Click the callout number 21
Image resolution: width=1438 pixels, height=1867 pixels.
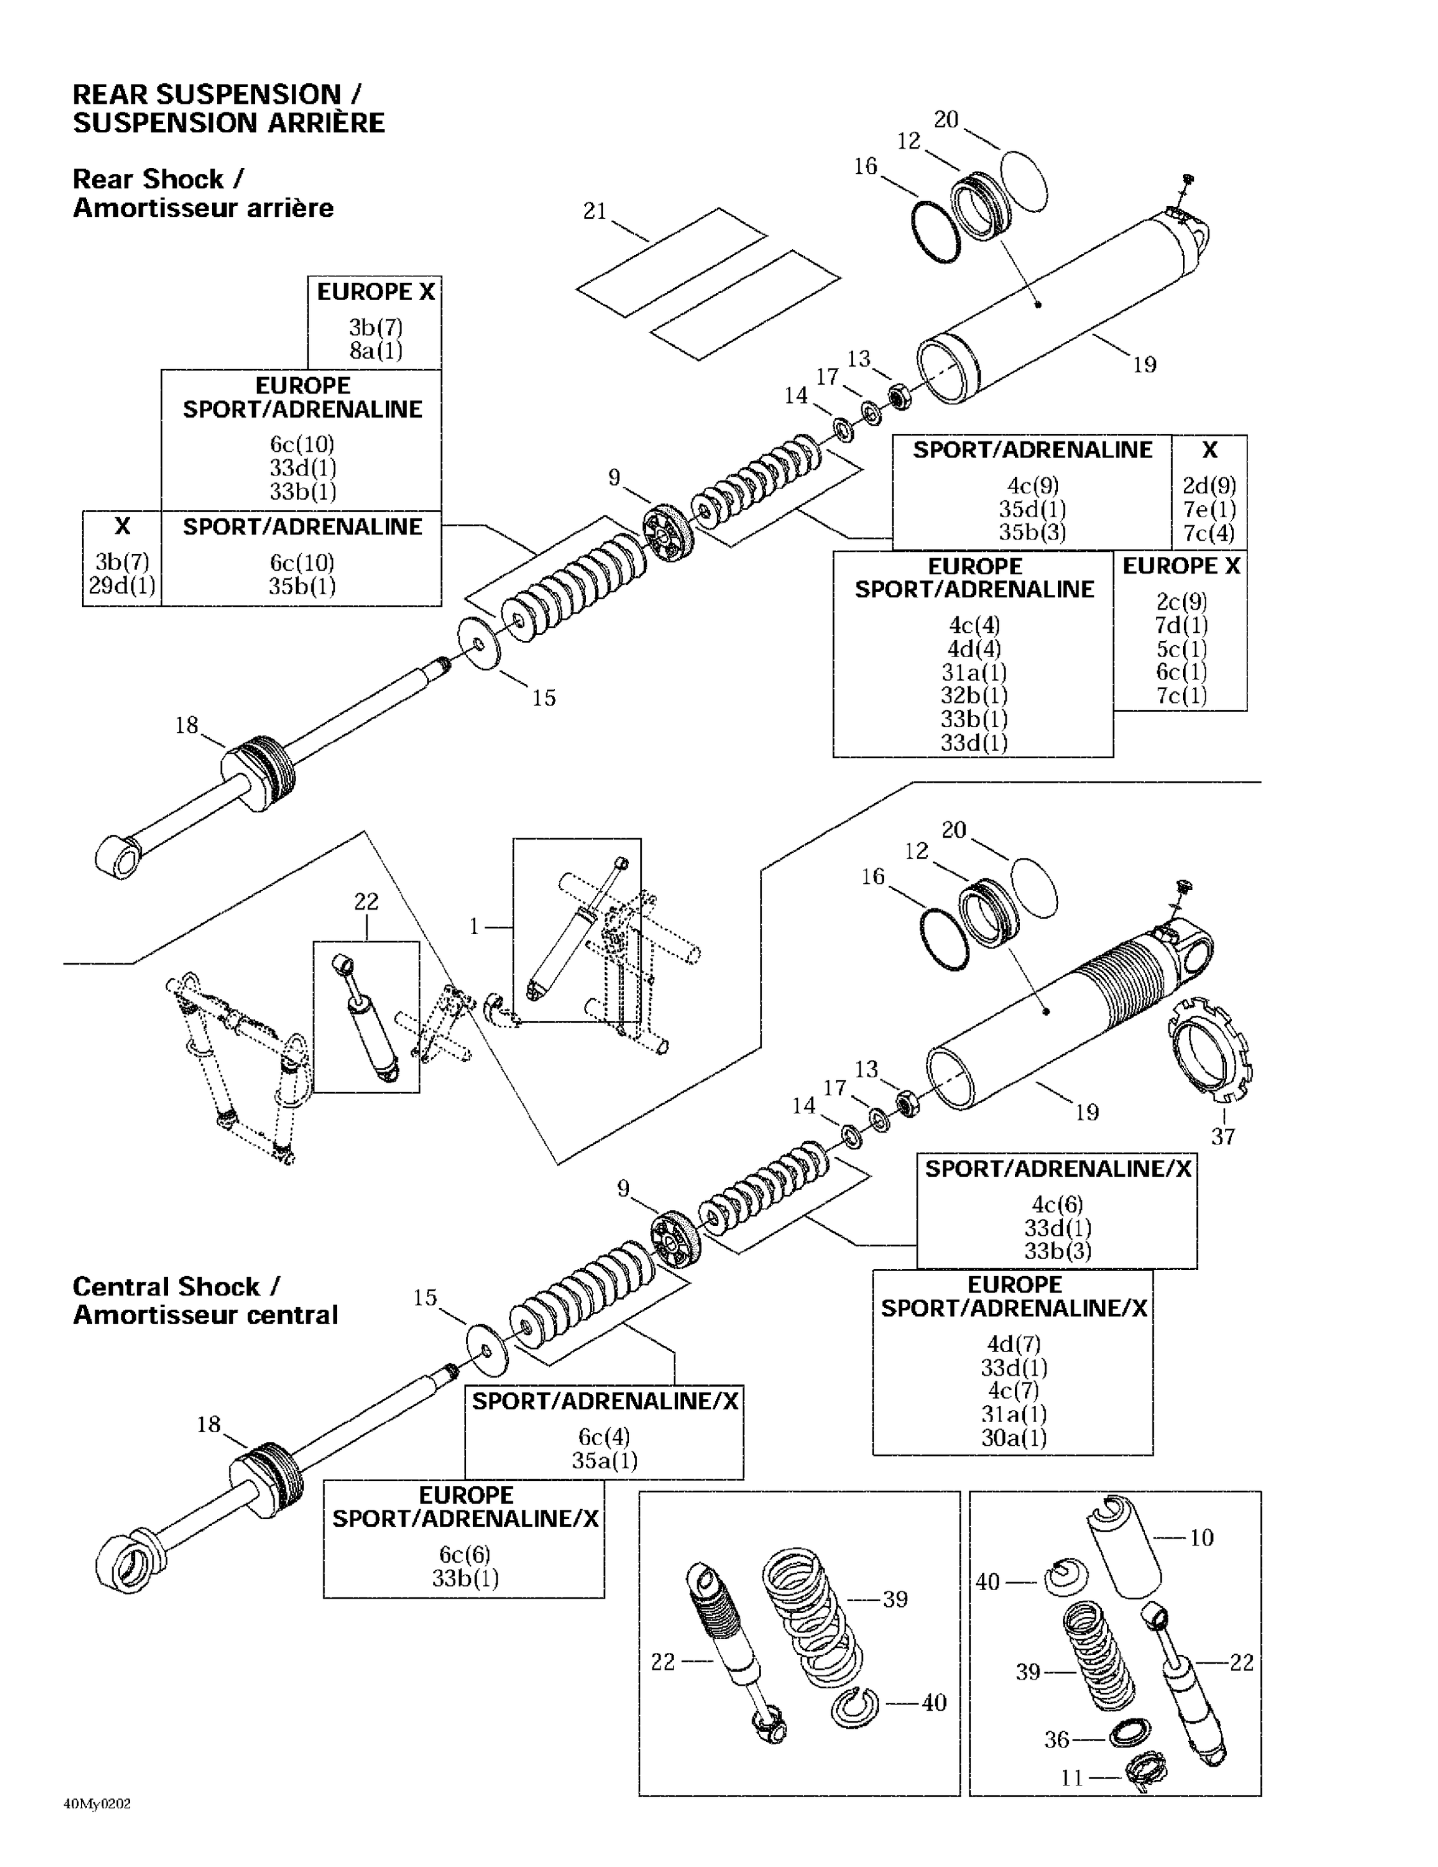[594, 211]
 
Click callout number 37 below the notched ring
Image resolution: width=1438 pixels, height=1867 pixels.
[1223, 1136]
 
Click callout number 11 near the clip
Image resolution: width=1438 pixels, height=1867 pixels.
[1072, 1778]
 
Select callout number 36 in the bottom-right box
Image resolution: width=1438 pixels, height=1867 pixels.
[1057, 1739]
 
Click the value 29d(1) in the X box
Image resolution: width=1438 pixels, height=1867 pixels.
[122, 586]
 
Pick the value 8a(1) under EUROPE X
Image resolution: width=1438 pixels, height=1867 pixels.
[375, 350]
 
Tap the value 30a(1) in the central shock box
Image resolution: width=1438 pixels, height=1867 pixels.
[1013, 1437]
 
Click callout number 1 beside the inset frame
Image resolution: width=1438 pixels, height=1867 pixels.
[474, 927]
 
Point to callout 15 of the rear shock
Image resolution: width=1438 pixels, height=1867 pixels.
[544, 698]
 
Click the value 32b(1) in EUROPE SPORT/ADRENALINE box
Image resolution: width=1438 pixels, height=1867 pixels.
[974, 696]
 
